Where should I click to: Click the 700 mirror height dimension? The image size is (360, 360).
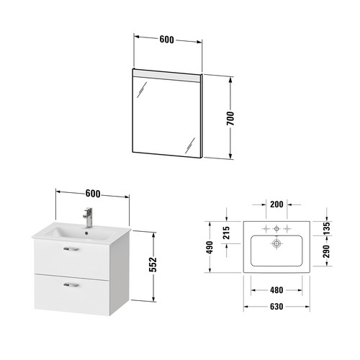230,118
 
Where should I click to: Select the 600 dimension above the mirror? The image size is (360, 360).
167,40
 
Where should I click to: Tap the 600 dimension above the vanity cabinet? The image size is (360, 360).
93,194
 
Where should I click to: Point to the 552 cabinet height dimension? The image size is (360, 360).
153,264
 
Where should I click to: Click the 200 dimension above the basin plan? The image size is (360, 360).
276,204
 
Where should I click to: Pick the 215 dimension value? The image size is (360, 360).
226,233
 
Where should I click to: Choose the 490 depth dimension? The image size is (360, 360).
210,248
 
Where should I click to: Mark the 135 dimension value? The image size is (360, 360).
326,228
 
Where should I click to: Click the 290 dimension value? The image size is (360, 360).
326,251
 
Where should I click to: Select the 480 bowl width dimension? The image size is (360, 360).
276,290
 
